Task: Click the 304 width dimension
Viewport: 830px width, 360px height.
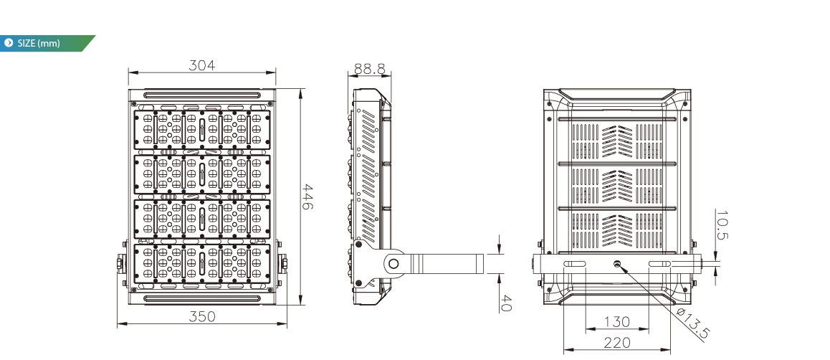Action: point(202,65)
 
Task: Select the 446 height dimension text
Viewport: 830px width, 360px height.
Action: point(307,196)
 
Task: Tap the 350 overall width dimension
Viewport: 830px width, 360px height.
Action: point(202,316)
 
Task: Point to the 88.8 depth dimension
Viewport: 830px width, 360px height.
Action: point(369,69)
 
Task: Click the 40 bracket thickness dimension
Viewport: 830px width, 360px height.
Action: point(505,303)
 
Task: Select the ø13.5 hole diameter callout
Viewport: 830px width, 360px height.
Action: point(692,323)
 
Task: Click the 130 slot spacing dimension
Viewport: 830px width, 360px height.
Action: point(617,321)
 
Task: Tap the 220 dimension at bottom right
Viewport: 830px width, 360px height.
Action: point(617,343)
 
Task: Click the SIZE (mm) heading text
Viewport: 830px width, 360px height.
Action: point(39,44)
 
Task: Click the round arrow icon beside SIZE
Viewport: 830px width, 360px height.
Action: point(8,43)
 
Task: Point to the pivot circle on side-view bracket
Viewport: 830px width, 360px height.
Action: point(393,263)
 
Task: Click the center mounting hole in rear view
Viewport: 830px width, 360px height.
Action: point(616,264)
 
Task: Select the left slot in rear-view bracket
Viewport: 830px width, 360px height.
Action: point(575,264)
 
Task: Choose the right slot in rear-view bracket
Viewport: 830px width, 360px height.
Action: point(659,264)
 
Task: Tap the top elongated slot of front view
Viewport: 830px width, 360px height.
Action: point(202,95)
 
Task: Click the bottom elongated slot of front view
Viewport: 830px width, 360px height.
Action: point(202,298)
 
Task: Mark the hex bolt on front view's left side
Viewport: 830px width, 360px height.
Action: point(120,262)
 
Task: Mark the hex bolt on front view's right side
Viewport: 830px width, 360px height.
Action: point(284,262)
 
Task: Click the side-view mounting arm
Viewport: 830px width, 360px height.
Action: point(444,263)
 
